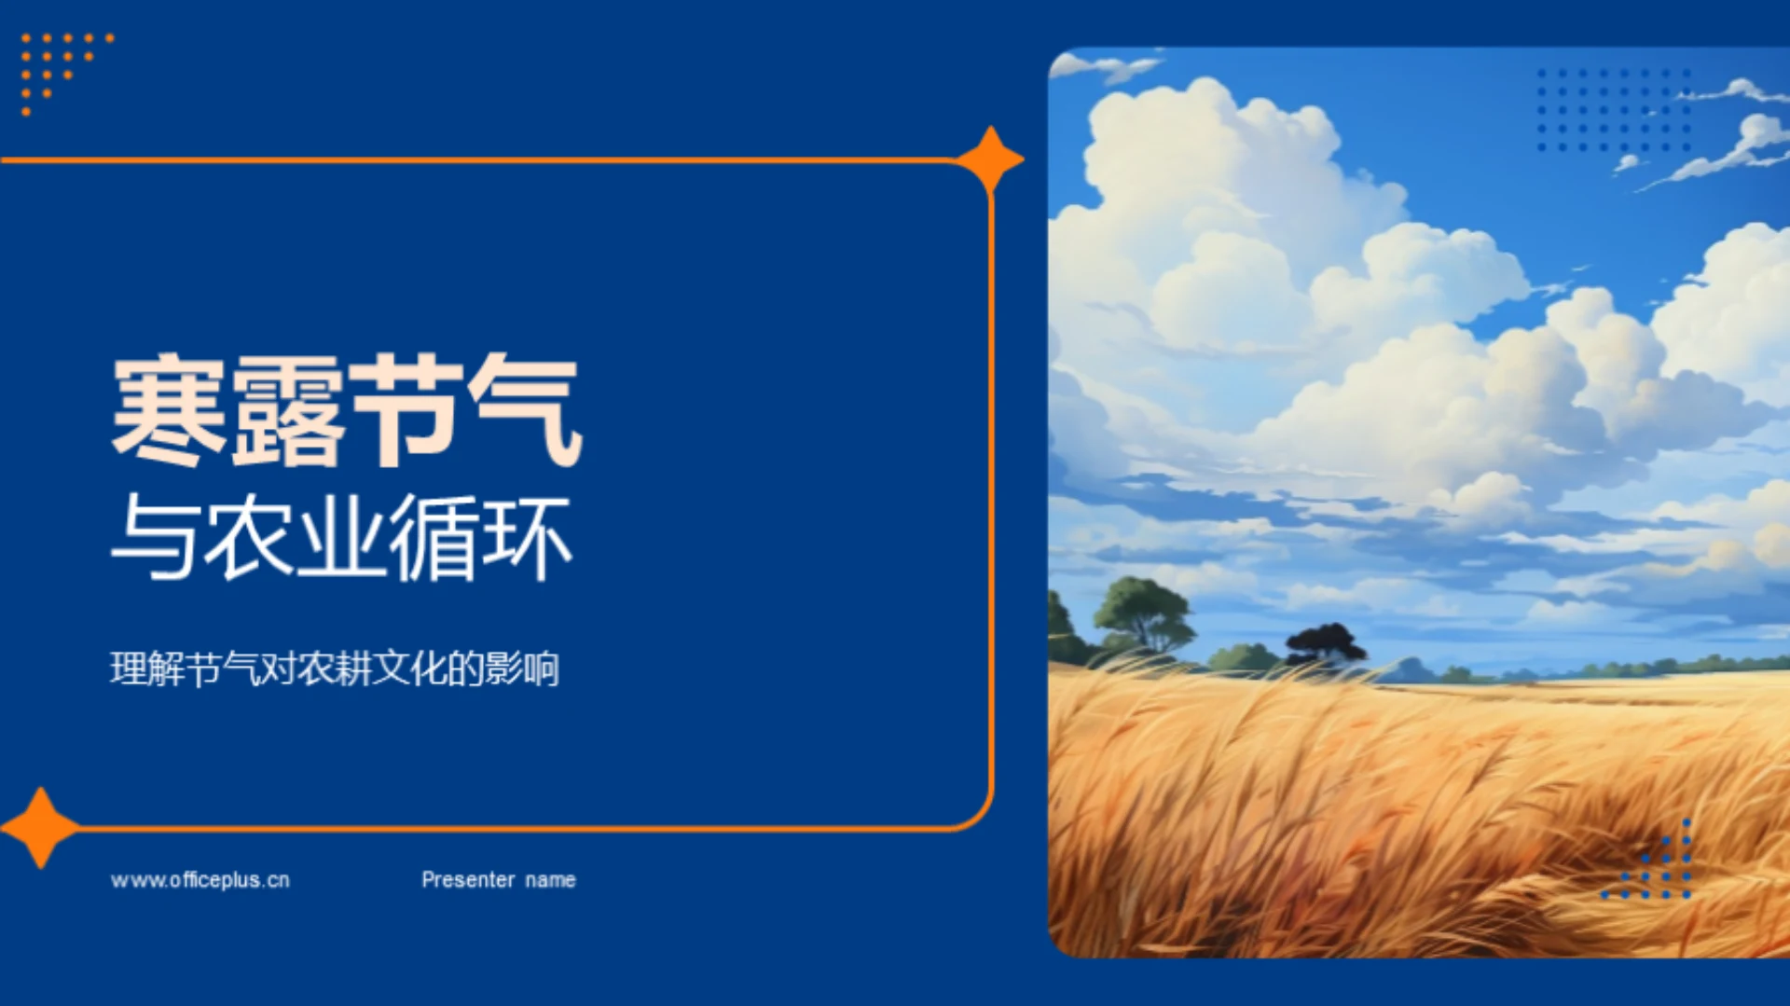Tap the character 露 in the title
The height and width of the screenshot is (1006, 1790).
[x=288, y=411]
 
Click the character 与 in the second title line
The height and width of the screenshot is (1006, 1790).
[x=155, y=538]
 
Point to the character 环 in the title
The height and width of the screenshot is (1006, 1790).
[x=527, y=538]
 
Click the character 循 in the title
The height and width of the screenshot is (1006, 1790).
[x=434, y=538]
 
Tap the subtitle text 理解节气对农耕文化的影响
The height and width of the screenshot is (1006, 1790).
[x=335, y=668]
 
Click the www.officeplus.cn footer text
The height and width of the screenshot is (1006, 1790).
[x=200, y=880]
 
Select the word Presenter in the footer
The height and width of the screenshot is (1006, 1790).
[x=468, y=880]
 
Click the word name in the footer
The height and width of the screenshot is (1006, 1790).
[x=550, y=880]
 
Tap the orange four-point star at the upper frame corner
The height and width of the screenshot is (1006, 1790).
[x=990, y=159]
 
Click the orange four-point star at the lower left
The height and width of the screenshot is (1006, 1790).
[x=40, y=827]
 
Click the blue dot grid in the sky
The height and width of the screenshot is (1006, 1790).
[x=1614, y=109]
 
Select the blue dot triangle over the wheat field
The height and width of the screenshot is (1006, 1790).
[x=1659, y=867]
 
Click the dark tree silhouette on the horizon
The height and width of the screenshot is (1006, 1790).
[x=1325, y=644]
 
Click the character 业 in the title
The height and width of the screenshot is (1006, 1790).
[x=340, y=538]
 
